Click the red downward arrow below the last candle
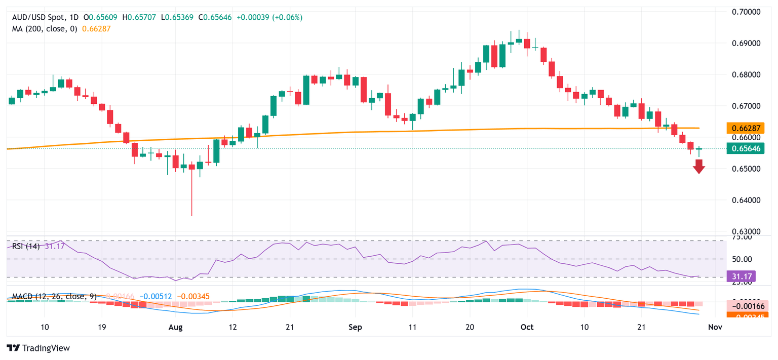pos(699,166)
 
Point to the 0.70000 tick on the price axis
pos(748,12)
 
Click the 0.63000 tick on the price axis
pos(748,231)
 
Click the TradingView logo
pos(38,348)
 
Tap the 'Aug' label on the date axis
pos(175,328)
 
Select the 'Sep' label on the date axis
pos(356,328)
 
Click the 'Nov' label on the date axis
pos(714,328)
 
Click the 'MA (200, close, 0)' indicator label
pos(45,29)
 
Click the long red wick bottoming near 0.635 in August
pos(192,197)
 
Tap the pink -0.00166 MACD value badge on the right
pos(750,306)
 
